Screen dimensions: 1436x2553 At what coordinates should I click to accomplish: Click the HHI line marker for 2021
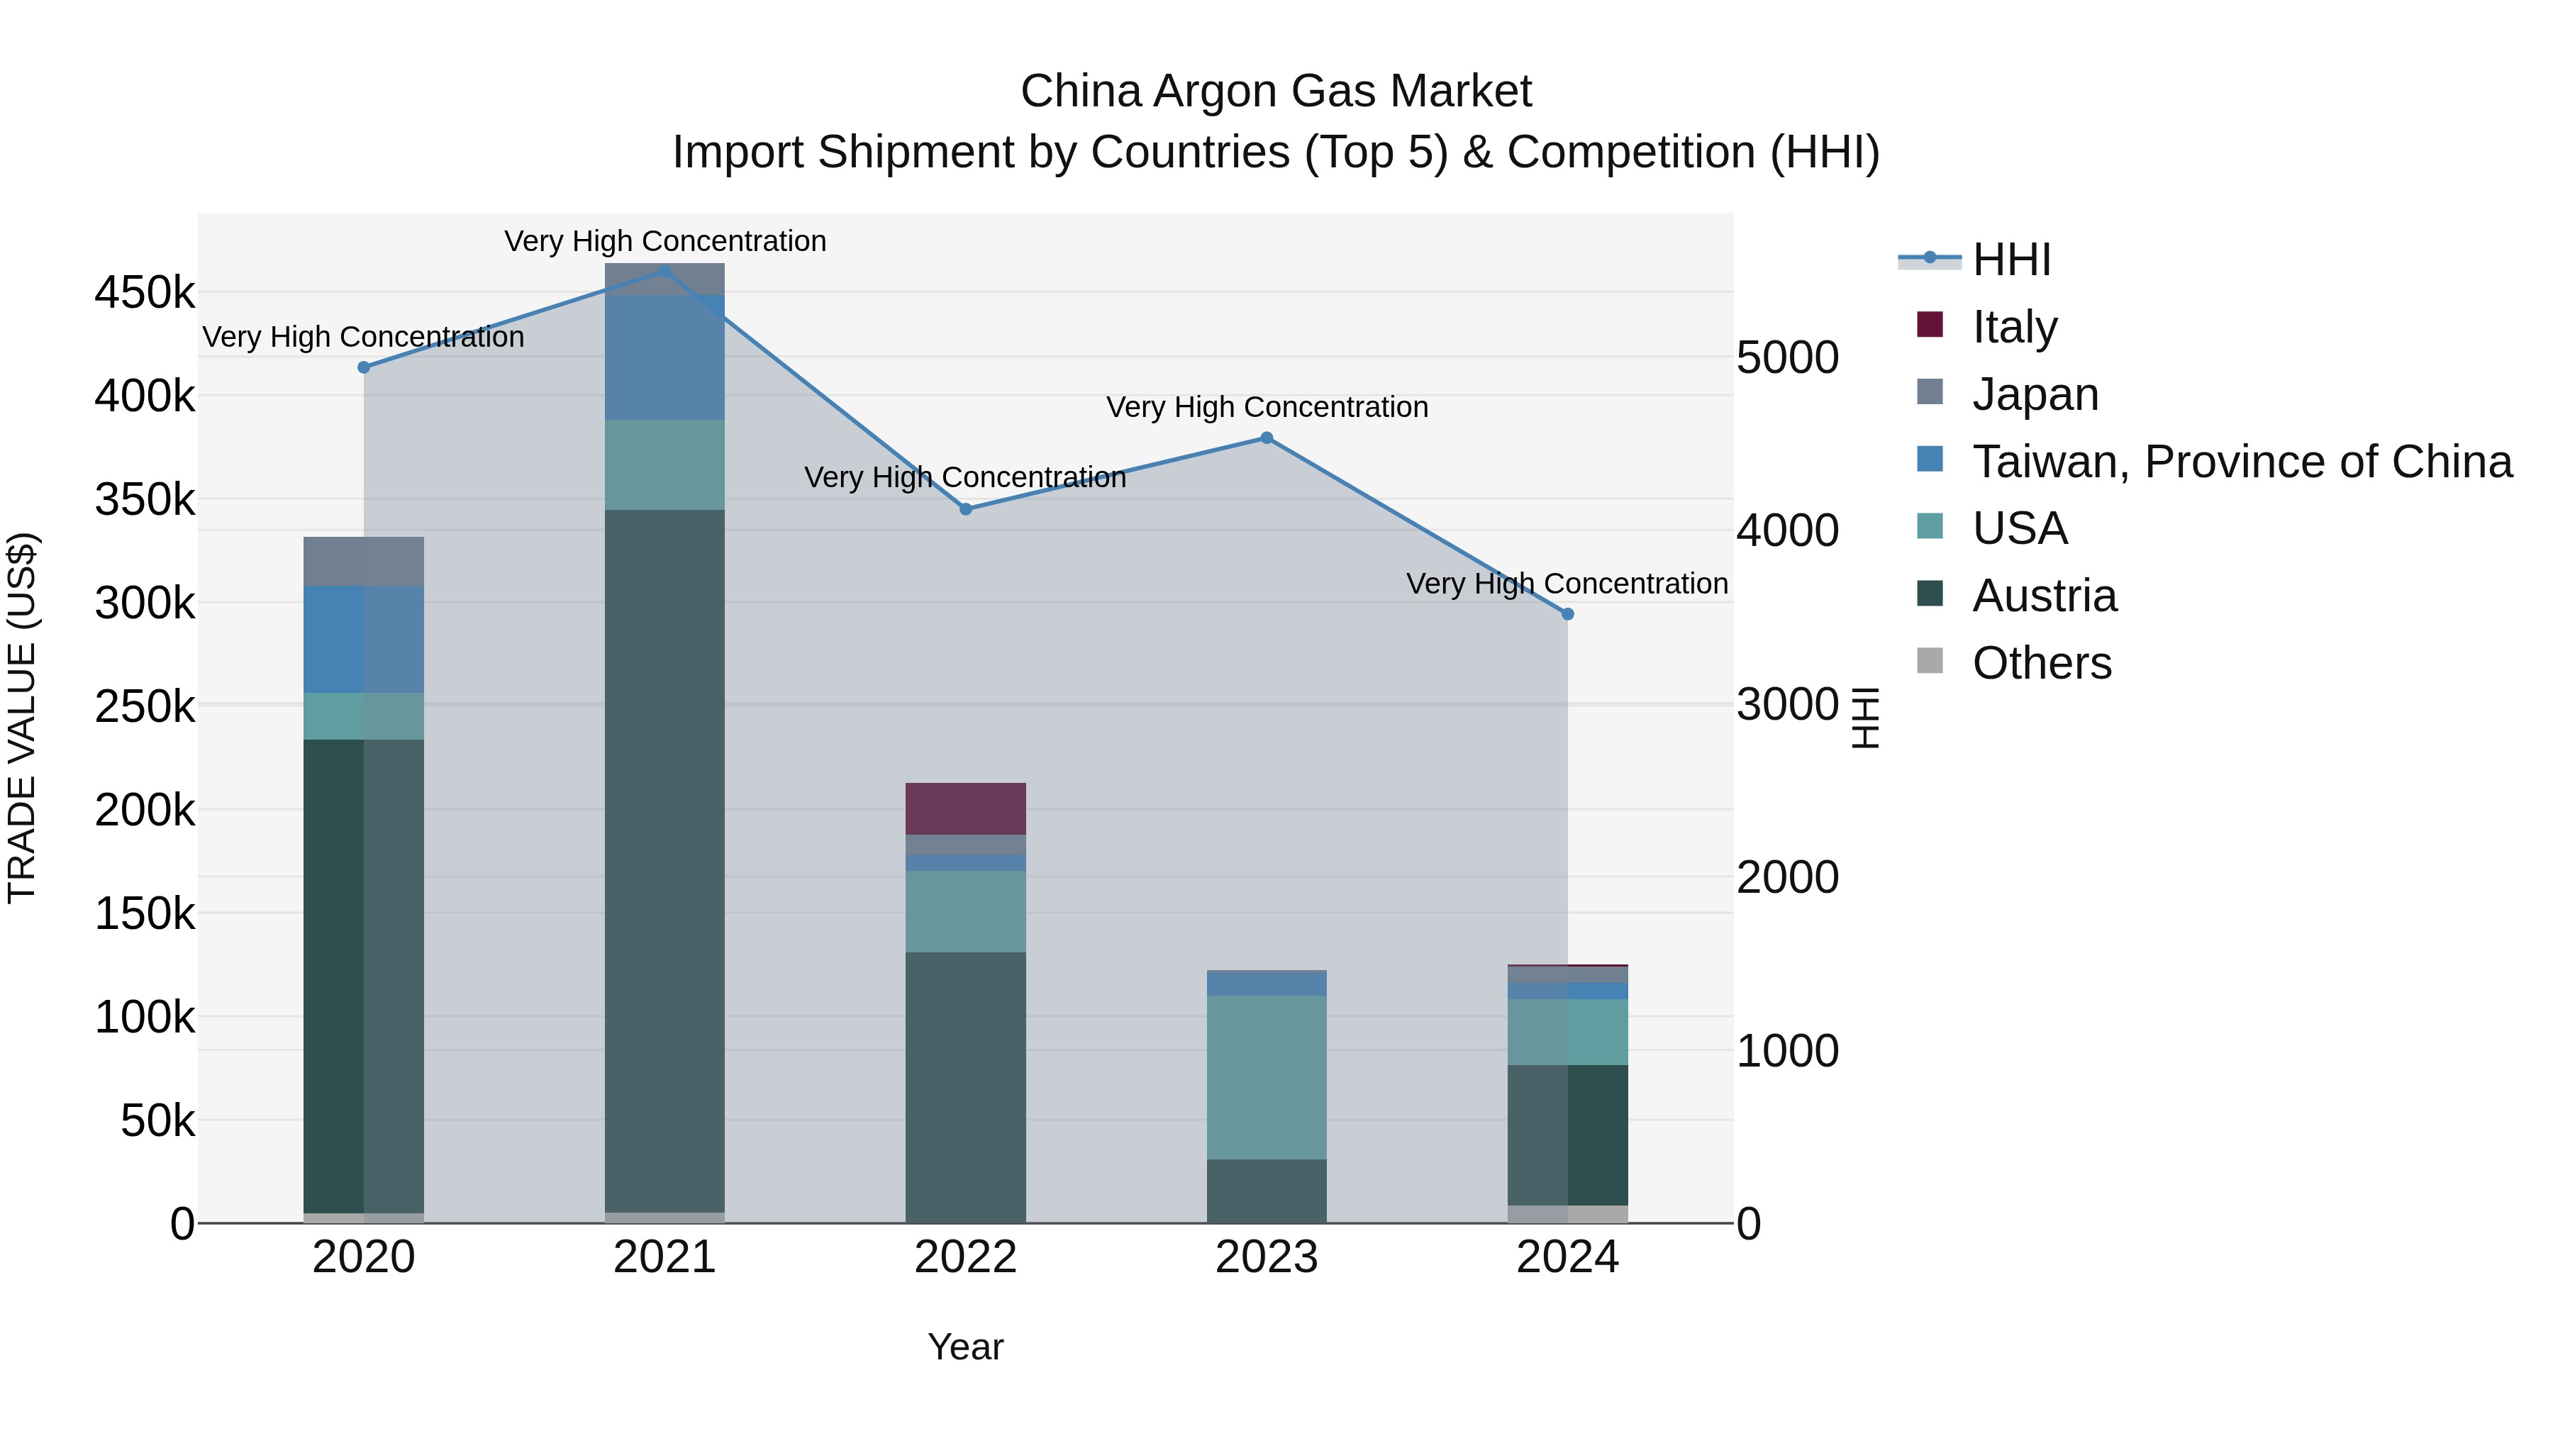665,271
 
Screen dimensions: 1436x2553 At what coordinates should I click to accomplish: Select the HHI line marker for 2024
1567,614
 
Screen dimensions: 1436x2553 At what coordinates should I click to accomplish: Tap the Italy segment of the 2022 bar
965,808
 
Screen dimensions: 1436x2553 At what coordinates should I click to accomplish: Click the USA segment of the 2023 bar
1266,1077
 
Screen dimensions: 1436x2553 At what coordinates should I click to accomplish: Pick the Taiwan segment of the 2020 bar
364,639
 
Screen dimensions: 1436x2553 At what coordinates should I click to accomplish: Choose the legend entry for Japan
2035,394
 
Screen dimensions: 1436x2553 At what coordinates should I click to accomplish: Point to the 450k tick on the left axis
145,294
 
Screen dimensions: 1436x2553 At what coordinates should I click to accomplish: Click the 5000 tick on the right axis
1788,358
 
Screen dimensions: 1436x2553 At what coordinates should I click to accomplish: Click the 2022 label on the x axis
965,1257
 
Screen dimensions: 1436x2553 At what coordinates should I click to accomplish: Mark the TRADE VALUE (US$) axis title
23,718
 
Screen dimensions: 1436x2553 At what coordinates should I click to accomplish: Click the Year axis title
965,1347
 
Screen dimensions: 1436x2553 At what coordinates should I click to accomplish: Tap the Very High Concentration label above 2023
1267,407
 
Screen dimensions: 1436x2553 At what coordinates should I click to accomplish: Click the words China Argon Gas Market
1276,91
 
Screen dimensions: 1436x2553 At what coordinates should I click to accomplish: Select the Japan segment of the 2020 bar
364,562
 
